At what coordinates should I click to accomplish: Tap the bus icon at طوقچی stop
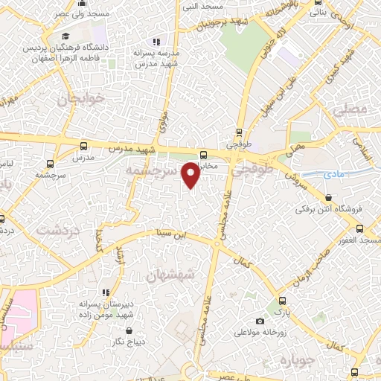pyautogui.click(x=239, y=133)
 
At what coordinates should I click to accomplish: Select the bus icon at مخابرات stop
pyautogui.click(x=203, y=155)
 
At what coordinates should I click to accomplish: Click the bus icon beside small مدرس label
pyautogui.click(x=83, y=147)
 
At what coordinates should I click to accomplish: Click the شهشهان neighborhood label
pyautogui.click(x=173, y=275)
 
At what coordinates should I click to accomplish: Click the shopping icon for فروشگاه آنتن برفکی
pyautogui.click(x=328, y=197)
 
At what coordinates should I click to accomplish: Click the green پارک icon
pyautogui.click(x=281, y=301)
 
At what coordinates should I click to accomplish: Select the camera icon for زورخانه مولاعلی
pyautogui.click(x=260, y=321)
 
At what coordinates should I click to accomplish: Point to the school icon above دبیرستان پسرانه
pyautogui.click(x=106, y=292)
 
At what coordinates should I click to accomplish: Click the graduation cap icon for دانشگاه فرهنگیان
pyautogui.click(x=65, y=36)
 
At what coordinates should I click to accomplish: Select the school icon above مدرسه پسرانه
pyautogui.click(x=156, y=42)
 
